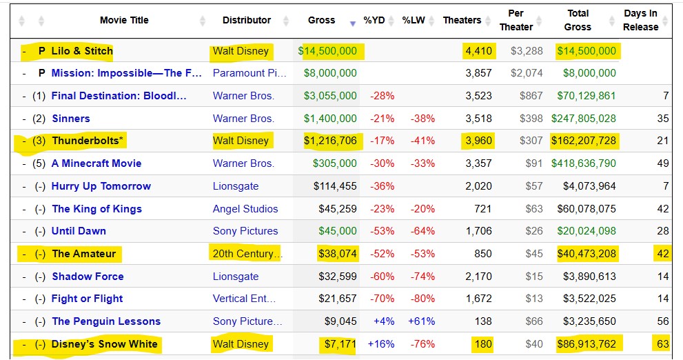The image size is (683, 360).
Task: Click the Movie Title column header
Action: coord(123,20)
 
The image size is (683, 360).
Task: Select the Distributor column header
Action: coord(246,20)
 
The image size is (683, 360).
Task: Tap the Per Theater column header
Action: coord(516,20)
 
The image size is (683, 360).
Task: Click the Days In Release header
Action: coord(640,20)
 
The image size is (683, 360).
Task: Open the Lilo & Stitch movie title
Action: coord(82,51)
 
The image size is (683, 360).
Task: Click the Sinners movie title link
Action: coord(70,119)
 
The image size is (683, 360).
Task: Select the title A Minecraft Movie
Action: coord(96,163)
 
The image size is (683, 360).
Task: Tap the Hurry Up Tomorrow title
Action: coord(101,186)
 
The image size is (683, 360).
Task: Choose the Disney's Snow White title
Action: coord(105,344)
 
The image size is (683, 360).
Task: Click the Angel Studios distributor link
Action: coord(245,209)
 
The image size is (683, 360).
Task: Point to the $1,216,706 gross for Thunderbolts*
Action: coord(330,141)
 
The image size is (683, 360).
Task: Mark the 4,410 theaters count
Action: coord(478,51)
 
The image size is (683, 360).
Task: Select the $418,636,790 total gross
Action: coord(583,163)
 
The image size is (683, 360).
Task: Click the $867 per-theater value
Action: coord(531,96)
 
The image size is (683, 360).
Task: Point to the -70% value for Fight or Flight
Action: coord(382,299)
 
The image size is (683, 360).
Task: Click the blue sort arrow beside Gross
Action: coord(353,23)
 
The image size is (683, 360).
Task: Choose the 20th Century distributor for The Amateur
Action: coord(246,254)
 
